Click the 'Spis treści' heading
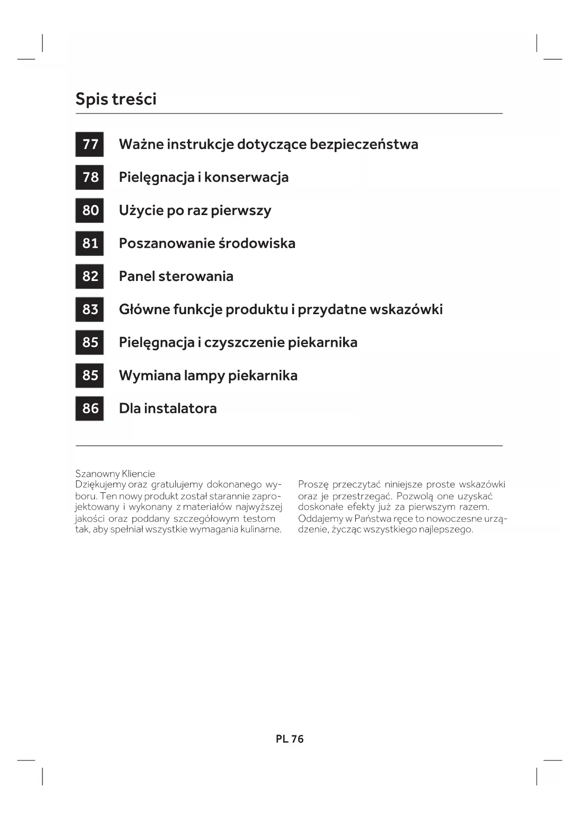(x=116, y=99)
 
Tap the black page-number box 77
(x=90, y=144)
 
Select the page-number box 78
(x=90, y=177)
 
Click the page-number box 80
(x=90, y=210)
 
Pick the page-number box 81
(x=90, y=243)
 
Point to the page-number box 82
(x=90, y=276)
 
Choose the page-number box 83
(x=90, y=309)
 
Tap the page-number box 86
(x=90, y=409)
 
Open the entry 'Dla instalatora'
(x=168, y=409)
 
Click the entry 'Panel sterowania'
(x=176, y=276)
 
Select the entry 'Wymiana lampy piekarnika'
(x=208, y=375)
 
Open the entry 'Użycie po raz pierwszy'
(x=195, y=210)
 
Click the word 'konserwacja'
(x=246, y=177)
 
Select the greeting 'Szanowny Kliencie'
(x=115, y=474)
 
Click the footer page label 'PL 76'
(x=290, y=739)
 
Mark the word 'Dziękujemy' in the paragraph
(x=100, y=485)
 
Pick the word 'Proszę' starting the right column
(x=313, y=485)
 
